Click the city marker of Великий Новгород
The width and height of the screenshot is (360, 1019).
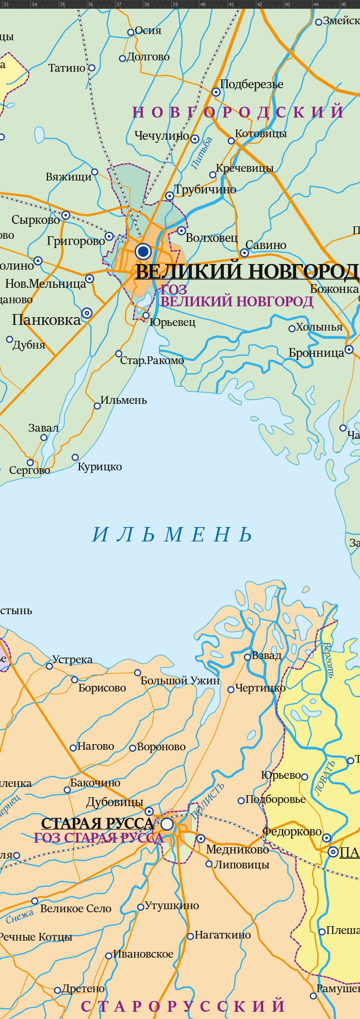tap(143, 252)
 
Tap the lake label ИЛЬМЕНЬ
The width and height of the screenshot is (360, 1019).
tap(172, 535)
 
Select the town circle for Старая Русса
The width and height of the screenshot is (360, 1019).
tap(167, 824)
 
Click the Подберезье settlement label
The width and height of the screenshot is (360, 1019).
tap(252, 84)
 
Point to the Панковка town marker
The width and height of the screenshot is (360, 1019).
tap(87, 313)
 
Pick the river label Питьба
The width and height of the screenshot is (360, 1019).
tap(202, 153)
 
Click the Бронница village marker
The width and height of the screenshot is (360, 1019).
tap(349, 349)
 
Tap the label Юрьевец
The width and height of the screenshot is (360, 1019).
tap(172, 322)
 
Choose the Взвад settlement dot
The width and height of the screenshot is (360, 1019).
tap(247, 656)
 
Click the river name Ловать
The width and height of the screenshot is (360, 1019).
tap(324, 778)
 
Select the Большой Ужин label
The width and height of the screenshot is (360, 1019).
tap(180, 681)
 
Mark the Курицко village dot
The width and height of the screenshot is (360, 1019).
tap(75, 457)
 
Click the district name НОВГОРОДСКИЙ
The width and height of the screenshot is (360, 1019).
tap(238, 112)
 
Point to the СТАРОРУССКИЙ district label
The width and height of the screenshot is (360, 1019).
tap(183, 1006)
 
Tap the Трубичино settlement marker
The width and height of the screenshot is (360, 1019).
tap(169, 196)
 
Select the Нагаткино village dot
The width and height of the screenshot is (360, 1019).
tap(190, 936)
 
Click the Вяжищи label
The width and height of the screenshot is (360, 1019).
tap(69, 177)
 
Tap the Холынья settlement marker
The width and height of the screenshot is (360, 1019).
tap(292, 328)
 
